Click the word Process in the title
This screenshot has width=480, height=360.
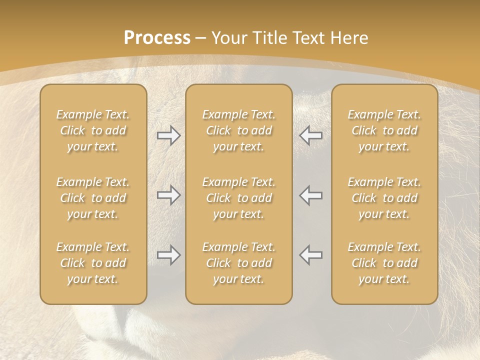pyautogui.click(x=157, y=37)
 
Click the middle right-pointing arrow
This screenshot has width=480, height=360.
pyautogui.click(x=168, y=195)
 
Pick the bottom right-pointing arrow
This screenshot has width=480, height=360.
pyautogui.click(x=168, y=255)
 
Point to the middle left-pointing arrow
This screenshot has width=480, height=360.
pyautogui.click(x=310, y=195)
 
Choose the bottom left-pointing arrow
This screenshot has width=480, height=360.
pyautogui.click(x=310, y=255)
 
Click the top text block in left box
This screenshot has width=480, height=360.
pyautogui.click(x=93, y=130)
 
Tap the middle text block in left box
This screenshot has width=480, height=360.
pyautogui.click(x=93, y=198)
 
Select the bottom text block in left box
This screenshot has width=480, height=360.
pyautogui.click(x=93, y=263)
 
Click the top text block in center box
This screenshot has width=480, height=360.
pyautogui.click(x=238, y=130)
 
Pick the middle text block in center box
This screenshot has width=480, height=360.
pyautogui.click(x=238, y=198)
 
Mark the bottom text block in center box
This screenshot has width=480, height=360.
pyautogui.click(x=238, y=263)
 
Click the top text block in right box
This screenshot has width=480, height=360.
pyautogui.click(x=384, y=130)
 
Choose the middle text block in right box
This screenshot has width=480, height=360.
pyautogui.click(x=384, y=198)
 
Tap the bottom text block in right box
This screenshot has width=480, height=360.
pyautogui.click(x=384, y=263)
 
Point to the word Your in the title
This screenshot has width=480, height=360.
pyautogui.click(x=227, y=37)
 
